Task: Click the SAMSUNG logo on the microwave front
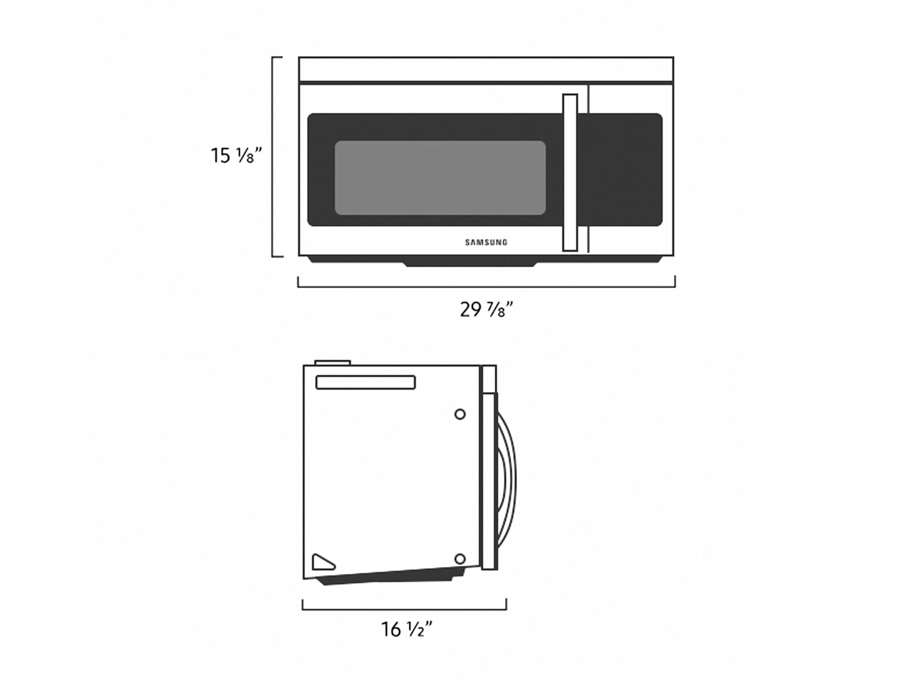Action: tap(486, 242)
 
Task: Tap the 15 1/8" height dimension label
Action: tap(236, 155)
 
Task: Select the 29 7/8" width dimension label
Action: tap(486, 310)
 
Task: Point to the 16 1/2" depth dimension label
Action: tap(406, 629)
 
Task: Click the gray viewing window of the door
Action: tap(439, 178)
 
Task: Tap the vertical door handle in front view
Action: tap(569, 172)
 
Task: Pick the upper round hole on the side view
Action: tap(460, 414)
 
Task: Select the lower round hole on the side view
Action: tap(460, 559)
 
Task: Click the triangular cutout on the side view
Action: tap(321, 563)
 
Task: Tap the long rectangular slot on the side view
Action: tap(365, 382)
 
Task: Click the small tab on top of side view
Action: tap(332, 362)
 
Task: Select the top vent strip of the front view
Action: tap(486, 70)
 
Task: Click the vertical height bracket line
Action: tap(273, 157)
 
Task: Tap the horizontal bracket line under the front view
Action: tap(486, 286)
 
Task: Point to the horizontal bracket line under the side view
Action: tap(404, 609)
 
